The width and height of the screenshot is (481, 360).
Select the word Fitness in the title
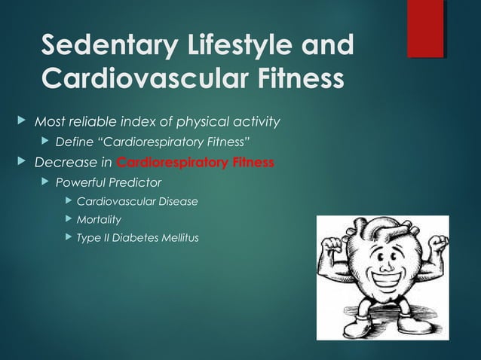290,78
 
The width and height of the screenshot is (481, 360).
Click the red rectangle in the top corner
425,29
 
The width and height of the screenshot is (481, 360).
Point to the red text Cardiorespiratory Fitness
195,162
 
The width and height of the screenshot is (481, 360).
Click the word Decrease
63,162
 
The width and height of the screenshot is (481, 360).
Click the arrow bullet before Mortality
69,220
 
